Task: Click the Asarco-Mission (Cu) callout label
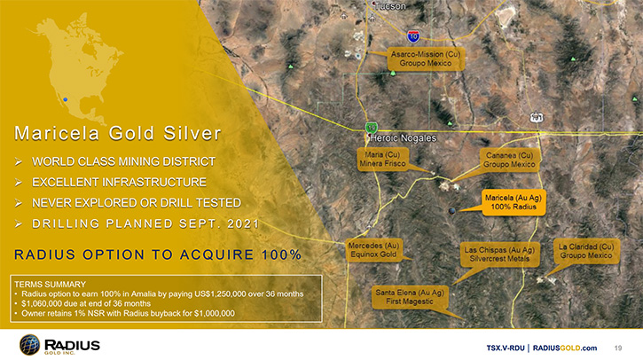click(426, 59)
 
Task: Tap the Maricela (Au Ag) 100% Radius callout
click(514, 202)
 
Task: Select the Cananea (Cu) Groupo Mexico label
click(509, 160)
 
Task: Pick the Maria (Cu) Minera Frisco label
click(382, 159)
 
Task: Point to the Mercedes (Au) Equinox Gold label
click(373, 250)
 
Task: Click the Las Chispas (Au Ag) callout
click(499, 254)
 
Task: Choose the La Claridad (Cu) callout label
click(586, 251)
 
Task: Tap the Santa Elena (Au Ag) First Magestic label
click(410, 297)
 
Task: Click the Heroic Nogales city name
click(404, 138)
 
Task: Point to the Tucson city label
click(390, 6)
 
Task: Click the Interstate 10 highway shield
click(413, 36)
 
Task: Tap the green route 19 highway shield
click(371, 128)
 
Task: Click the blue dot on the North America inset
click(66, 99)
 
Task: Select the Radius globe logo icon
click(29, 344)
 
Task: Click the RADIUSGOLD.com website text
click(565, 348)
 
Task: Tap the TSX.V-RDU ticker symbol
click(506, 348)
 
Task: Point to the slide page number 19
click(618, 348)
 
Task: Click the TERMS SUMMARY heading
click(50, 284)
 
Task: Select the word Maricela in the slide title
click(57, 133)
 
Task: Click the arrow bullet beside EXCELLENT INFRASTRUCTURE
click(19, 183)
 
